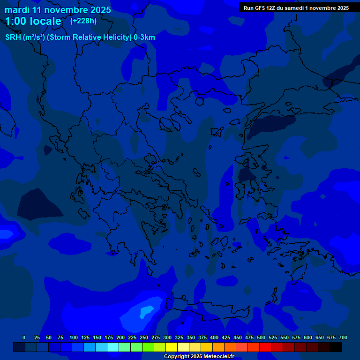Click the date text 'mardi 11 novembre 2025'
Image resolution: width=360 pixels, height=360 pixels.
(58, 10)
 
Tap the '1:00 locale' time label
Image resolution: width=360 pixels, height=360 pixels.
(33, 21)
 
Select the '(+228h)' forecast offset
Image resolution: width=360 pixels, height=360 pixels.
(83, 21)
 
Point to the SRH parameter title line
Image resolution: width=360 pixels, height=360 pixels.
(80, 37)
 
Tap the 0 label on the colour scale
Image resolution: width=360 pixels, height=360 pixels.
(24, 337)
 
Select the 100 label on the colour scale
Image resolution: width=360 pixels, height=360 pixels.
(74, 337)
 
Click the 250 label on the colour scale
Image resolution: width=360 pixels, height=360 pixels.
(144, 337)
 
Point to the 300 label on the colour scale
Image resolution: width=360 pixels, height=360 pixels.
(167, 337)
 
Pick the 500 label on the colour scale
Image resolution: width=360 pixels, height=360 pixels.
(261, 337)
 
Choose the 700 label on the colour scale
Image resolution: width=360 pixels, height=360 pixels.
(343, 337)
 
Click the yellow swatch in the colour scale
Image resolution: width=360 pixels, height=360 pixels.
(172, 347)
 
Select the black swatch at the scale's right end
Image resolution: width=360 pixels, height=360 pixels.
(336, 347)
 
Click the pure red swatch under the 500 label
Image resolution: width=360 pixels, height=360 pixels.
(265, 347)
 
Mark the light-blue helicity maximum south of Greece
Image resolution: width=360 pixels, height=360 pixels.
(147, 310)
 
